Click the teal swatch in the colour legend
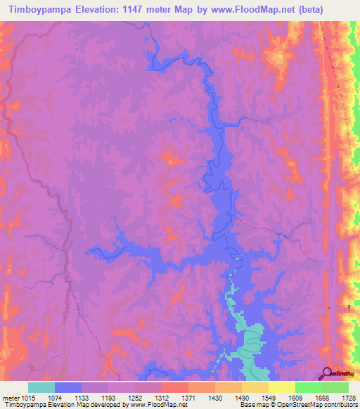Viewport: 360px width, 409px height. pyautogui.click(x=41, y=388)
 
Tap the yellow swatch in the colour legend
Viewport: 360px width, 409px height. pyautogui.click(x=282, y=388)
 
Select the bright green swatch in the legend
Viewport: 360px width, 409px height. pyautogui.click(x=309, y=388)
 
